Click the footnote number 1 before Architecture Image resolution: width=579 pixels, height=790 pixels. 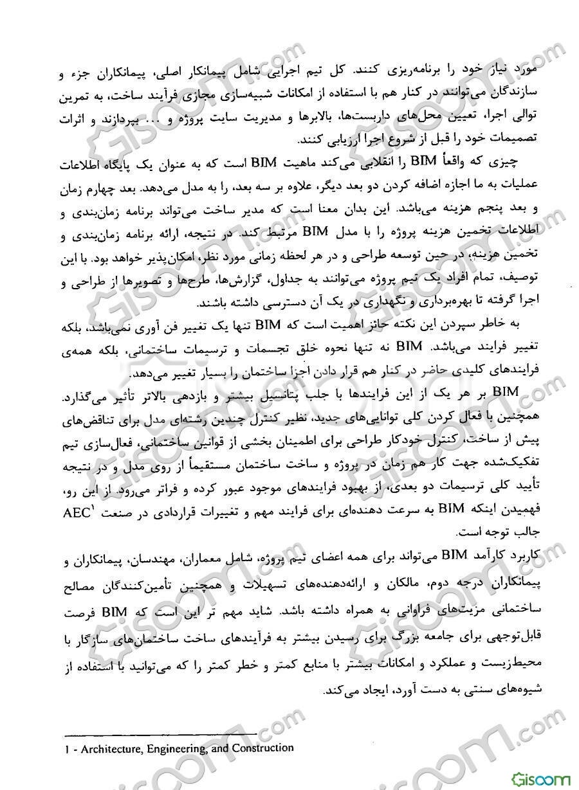[69, 749]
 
